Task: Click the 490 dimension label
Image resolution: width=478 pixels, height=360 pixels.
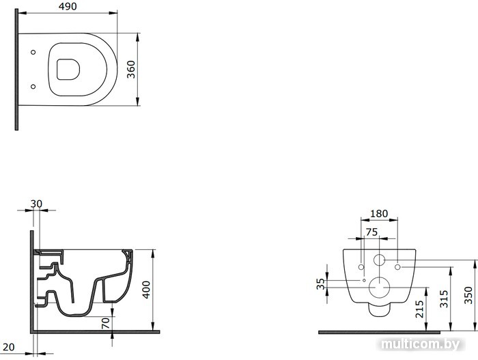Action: pyautogui.click(x=68, y=6)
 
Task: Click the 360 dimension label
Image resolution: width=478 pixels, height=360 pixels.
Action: pyautogui.click(x=131, y=70)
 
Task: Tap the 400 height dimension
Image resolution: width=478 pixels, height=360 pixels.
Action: pyautogui.click(x=147, y=290)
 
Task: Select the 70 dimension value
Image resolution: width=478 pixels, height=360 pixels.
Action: pyautogui.click(x=105, y=323)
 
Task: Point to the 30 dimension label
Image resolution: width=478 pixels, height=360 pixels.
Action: pyautogui.click(x=36, y=204)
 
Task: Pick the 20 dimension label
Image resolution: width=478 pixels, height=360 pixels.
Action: pyautogui.click(x=8, y=347)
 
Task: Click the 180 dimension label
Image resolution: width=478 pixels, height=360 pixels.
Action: pyautogui.click(x=379, y=214)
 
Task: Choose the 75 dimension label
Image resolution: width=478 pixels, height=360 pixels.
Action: pyautogui.click(x=371, y=232)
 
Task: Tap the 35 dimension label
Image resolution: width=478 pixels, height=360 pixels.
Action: pyautogui.click(x=321, y=284)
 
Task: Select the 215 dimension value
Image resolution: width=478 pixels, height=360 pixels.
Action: pyautogui.click(x=420, y=309)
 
